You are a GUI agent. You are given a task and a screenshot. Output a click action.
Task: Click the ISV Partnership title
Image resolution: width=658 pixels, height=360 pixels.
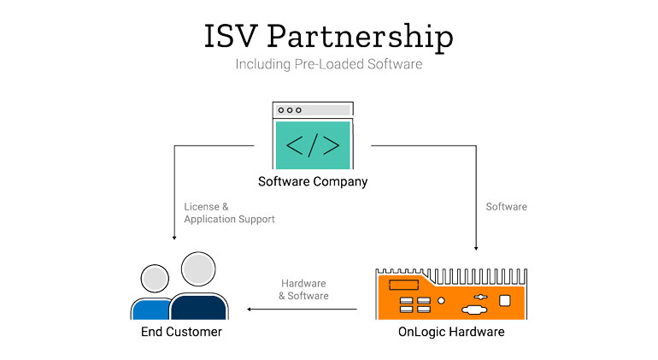point(329,36)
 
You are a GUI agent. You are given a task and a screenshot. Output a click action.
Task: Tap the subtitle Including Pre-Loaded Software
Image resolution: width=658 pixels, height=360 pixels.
point(329,64)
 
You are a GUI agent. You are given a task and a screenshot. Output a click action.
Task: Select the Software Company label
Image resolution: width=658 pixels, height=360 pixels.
point(313,181)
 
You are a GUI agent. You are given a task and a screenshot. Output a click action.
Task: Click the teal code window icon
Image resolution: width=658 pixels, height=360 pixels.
point(313,135)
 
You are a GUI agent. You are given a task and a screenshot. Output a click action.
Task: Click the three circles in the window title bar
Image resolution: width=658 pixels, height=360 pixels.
point(290,110)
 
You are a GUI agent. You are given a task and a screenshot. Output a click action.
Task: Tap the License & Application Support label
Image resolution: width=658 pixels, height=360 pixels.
point(229,213)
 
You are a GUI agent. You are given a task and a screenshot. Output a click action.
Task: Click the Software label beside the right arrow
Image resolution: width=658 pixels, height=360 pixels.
point(506,207)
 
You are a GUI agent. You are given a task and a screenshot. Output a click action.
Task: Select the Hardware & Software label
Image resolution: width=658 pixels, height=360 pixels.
point(303,289)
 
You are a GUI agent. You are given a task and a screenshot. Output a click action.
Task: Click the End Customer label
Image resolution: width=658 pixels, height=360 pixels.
point(181,332)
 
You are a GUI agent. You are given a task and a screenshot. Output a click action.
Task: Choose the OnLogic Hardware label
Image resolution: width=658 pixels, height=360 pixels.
point(451,332)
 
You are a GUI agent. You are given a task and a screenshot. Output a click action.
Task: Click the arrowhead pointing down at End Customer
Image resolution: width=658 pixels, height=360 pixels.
point(174,238)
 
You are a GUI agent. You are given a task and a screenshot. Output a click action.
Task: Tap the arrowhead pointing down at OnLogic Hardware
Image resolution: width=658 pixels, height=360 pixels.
point(476,248)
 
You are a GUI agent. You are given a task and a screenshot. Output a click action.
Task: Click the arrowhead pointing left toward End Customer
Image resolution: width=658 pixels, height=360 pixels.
point(249,310)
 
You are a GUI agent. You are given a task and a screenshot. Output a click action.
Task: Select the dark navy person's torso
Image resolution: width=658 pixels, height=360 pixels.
point(198,307)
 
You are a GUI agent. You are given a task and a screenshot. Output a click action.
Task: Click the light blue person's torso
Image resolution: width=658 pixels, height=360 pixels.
point(151,310)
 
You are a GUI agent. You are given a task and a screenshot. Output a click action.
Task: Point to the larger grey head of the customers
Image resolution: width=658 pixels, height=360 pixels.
point(198,269)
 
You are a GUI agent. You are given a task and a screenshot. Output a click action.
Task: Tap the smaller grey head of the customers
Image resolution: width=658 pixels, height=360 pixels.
point(155,279)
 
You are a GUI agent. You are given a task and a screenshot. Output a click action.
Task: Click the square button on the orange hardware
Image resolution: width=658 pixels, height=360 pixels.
point(505,301)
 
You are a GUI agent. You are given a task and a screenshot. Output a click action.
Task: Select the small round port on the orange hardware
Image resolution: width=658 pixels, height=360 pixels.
point(441,301)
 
